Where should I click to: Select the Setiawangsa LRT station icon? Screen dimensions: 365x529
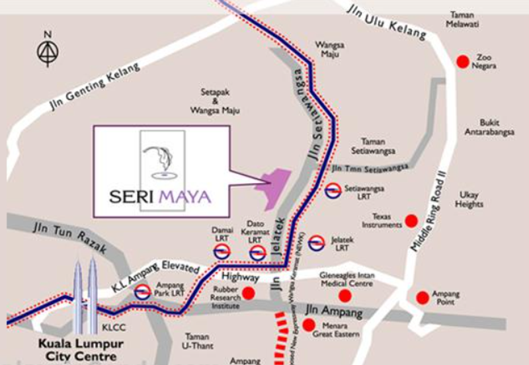(x=333, y=191)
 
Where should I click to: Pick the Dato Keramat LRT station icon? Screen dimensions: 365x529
(x=257, y=252)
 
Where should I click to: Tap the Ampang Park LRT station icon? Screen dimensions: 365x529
(x=142, y=292)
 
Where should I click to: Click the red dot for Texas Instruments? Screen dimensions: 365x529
(x=411, y=220)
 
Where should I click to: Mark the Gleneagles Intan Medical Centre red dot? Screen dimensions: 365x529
(x=344, y=296)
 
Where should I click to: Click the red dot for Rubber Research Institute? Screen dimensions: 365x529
(x=249, y=293)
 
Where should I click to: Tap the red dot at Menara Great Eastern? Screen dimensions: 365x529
(x=308, y=325)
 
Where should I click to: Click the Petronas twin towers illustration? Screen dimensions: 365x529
(x=85, y=294)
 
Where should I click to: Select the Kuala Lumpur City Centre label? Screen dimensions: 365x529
(x=71, y=350)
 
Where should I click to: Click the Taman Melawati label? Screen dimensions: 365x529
(x=464, y=19)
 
